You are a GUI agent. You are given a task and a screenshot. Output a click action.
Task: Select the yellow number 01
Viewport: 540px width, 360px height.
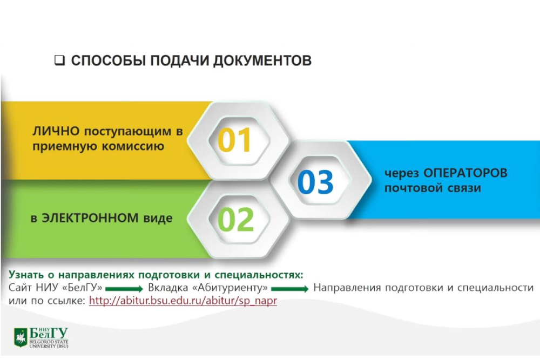click(235, 140)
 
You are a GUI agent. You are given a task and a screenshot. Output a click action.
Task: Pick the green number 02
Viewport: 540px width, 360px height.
click(235, 219)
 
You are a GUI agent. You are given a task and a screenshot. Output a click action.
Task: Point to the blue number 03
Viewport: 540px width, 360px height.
click(316, 182)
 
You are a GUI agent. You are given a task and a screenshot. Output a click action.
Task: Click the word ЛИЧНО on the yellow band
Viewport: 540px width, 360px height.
click(50, 131)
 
